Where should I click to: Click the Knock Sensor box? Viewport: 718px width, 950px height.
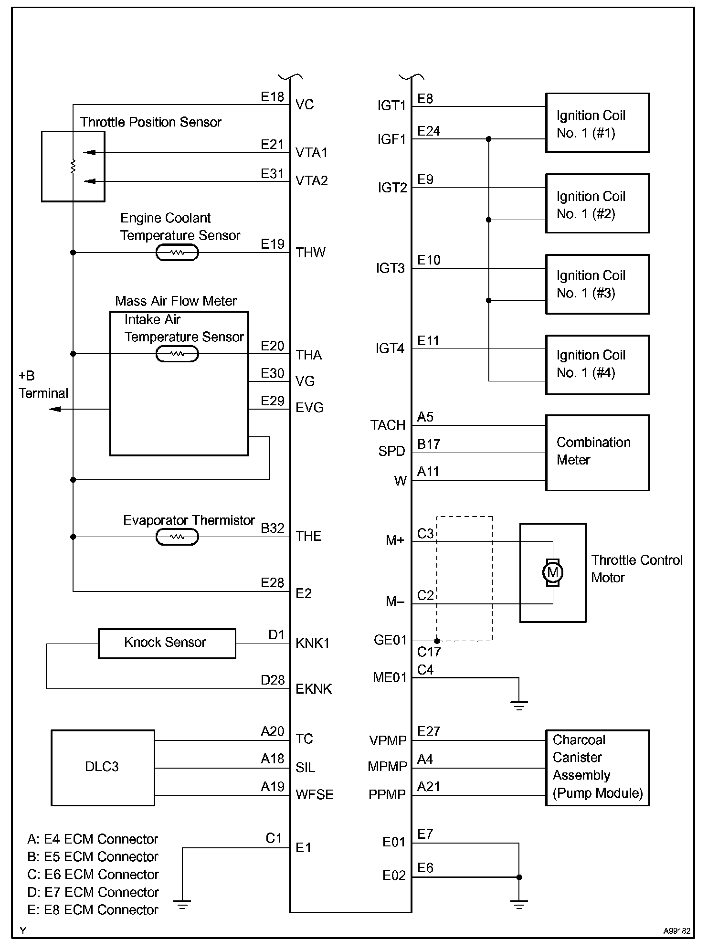point(167,643)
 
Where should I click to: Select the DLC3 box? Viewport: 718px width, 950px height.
point(103,768)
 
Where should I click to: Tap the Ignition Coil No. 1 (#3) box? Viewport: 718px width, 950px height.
point(597,285)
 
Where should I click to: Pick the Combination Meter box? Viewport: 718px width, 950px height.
point(597,452)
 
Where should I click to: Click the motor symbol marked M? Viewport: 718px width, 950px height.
point(553,572)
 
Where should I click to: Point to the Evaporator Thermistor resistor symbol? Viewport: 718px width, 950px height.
point(177,537)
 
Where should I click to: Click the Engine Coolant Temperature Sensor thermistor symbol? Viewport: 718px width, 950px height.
point(177,253)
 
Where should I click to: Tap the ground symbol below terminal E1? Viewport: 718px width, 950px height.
point(182,904)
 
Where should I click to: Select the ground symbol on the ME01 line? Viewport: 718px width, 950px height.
point(519,705)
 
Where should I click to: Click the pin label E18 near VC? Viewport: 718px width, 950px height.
point(272,97)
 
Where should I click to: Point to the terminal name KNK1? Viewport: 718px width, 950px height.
point(313,643)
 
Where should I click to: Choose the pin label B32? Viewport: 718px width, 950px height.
point(272,528)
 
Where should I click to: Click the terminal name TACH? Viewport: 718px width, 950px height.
point(388,425)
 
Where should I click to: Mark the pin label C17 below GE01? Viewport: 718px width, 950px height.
point(429,652)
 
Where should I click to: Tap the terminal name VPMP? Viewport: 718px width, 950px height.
point(388,740)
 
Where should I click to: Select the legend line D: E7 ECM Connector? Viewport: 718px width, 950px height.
point(93,892)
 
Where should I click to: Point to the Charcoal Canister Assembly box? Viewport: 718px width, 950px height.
point(597,768)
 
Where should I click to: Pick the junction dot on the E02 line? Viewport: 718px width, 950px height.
point(519,877)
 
